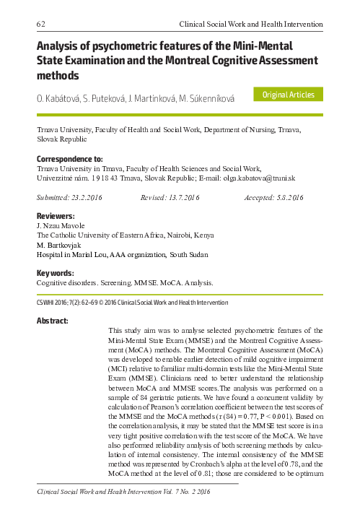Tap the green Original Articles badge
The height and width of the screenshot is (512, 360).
tap(289, 95)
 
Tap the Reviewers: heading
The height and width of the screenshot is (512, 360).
tap(56, 216)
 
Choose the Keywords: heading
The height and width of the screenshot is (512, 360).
tap(56, 273)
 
